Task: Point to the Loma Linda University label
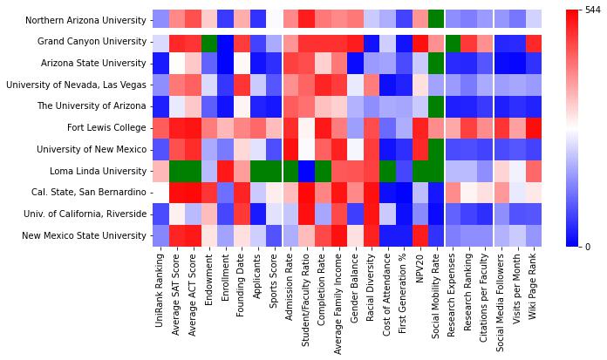tap(98, 171)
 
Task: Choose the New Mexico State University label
tap(87, 235)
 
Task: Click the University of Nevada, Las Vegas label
tap(76, 85)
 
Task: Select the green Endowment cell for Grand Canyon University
tap(208, 42)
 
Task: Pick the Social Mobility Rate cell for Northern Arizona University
tap(436, 20)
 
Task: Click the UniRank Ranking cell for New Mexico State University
tap(161, 235)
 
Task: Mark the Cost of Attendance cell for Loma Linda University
tap(389, 171)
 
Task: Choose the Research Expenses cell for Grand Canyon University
tap(454, 42)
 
